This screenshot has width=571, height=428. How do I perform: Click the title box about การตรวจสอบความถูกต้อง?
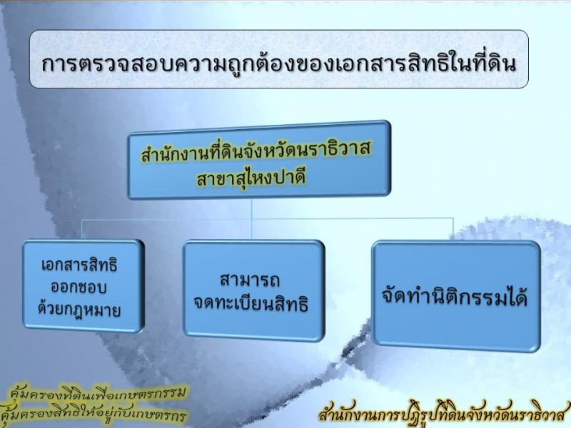coord(279,59)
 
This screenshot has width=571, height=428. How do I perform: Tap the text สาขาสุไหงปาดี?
coord(251,178)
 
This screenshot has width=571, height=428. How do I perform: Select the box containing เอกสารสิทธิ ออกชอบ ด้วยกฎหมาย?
coord(83,286)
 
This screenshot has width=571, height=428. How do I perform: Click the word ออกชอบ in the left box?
coord(79,287)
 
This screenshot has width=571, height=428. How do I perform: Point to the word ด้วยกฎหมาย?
coord(79,310)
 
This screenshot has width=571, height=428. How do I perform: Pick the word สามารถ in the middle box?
coord(250,280)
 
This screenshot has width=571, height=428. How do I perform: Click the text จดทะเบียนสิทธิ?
coord(251,304)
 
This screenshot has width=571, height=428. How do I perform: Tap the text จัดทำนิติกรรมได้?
coord(455,296)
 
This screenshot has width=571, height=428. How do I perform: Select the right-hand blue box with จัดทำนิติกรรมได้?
coord(456,296)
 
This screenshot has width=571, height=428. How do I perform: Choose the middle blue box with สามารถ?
coord(254,290)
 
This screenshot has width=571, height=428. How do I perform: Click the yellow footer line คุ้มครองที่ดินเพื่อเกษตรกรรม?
coord(98,393)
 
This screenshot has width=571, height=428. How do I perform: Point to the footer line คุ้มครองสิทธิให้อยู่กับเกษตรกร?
coord(94,414)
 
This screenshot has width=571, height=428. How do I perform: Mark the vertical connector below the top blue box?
coord(252,218)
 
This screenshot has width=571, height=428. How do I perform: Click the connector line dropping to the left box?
coord(81,229)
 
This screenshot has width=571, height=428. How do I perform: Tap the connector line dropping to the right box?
coord(453,229)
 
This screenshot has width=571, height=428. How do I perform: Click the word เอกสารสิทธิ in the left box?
coord(79,265)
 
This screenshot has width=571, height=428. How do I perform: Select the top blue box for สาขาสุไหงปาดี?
coord(259,160)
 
